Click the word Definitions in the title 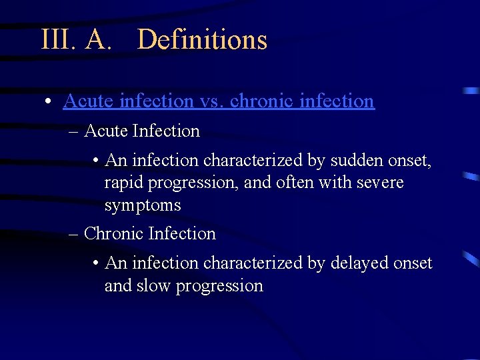pos(202,40)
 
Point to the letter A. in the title pos(97,40)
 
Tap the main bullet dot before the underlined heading pos(49,102)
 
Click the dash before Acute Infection pos(74,131)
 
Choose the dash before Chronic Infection pos(74,234)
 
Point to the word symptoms pos(143,205)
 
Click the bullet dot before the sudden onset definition pos(97,161)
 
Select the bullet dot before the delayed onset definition pos(97,264)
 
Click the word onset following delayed pos(413,263)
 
